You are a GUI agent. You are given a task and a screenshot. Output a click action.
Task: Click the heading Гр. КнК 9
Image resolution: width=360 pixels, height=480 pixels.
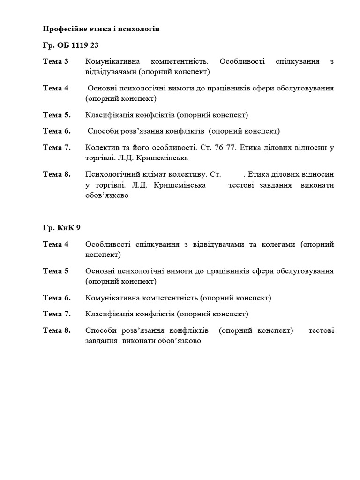click(x=62, y=228)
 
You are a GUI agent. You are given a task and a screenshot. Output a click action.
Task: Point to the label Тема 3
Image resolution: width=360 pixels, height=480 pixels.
click(x=56, y=61)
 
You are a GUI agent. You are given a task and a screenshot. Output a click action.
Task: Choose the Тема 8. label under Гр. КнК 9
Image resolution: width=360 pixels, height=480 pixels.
click(x=57, y=330)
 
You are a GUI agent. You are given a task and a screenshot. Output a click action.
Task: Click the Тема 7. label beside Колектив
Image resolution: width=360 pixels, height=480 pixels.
click(x=57, y=147)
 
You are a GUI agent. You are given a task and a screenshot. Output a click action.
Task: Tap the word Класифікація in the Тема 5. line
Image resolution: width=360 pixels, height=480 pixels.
click(x=108, y=115)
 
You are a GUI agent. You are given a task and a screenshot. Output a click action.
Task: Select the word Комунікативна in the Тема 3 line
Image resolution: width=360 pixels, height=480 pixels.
click(x=113, y=61)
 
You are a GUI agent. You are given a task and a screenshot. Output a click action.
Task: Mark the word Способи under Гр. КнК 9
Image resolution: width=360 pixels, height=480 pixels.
click(x=101, y=330)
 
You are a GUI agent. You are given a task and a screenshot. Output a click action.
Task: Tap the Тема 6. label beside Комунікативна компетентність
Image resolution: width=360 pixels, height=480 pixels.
click(x=57, y=298)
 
